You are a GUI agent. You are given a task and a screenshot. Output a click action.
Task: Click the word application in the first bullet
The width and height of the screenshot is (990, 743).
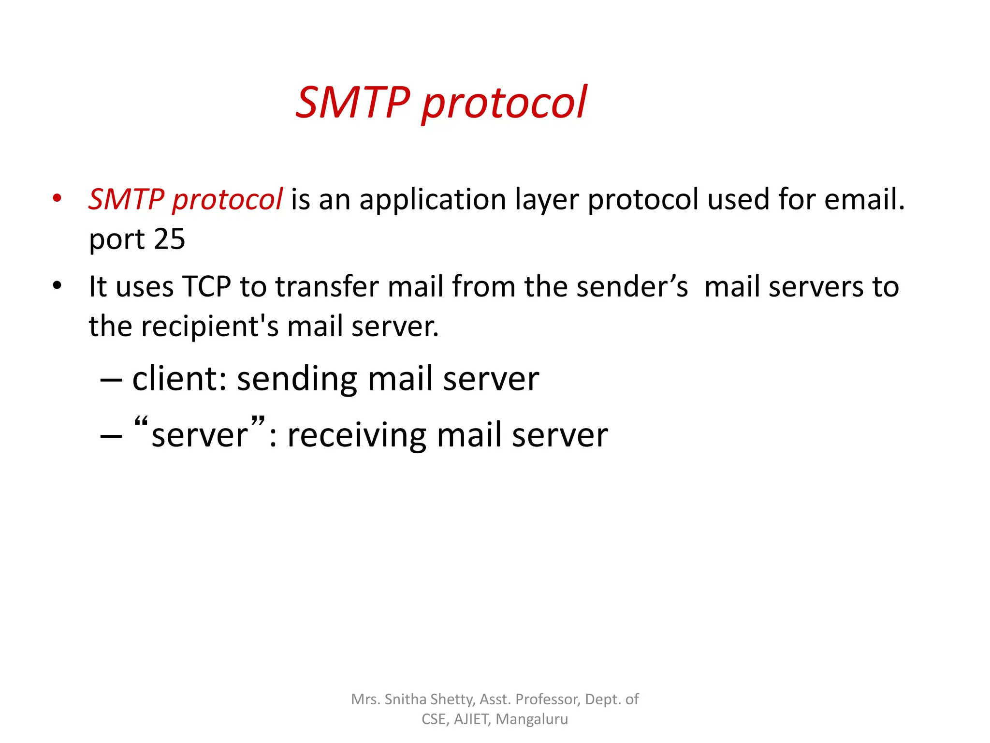tap(433, 200)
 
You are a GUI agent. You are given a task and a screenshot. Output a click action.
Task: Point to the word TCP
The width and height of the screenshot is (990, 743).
tap(206, 286)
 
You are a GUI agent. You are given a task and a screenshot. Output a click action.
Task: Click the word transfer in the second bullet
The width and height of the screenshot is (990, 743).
tap(327, 286)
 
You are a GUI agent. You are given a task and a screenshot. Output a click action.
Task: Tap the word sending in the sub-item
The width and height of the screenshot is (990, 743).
tap(297, 379)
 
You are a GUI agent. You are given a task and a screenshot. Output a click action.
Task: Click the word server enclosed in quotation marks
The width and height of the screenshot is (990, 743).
tap(199, 435)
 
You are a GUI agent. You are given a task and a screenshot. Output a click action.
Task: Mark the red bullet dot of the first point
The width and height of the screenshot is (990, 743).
tap(57, 198)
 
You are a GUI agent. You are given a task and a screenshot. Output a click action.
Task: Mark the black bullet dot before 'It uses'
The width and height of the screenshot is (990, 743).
tap(57, 285)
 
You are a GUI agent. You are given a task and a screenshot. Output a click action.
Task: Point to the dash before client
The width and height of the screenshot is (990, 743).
tap(111, 380)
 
